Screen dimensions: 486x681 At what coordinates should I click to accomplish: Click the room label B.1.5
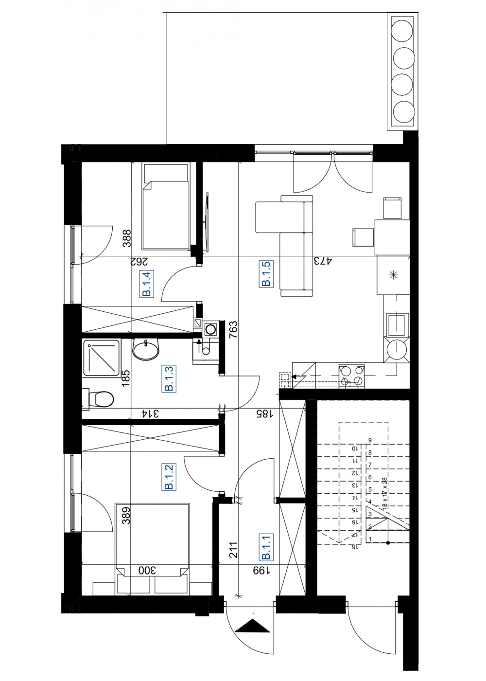[x=266, y=273]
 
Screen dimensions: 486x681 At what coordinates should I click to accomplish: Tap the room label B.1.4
[x=147, y=284]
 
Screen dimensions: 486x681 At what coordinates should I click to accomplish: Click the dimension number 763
[x=234, y=330]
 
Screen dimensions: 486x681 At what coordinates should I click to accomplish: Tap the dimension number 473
[x=323, y=261]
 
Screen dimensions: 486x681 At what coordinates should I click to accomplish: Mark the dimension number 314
[x=150, y=413]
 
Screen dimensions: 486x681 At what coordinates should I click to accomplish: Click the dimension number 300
[x=147, y=570]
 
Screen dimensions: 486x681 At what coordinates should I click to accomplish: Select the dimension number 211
[x=233, y=550]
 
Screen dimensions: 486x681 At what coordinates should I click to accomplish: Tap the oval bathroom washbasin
[x=146, y=350]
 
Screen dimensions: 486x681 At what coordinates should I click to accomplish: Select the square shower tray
[x=101, y=358]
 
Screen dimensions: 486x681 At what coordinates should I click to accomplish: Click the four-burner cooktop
[x=351, y=376]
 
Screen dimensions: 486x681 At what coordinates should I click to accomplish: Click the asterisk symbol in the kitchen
[x=393, y=275]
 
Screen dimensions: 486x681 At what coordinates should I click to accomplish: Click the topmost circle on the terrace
[x=403, y=31]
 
